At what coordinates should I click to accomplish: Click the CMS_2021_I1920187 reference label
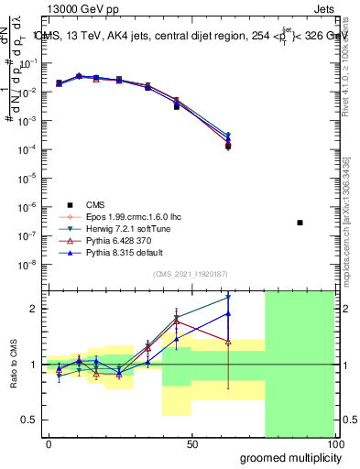point(191,274)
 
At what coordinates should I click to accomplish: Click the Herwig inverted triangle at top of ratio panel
point(228,298)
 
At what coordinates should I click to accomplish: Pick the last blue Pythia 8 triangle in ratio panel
point(228,313)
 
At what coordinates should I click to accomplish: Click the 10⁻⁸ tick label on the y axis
point(28,264)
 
